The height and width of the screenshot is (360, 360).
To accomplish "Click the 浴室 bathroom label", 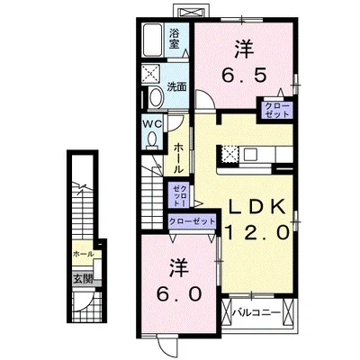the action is click(174, 39).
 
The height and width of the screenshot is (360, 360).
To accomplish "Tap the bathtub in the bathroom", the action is click(152, 40).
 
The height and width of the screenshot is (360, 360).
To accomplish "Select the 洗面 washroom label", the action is click(176, 87).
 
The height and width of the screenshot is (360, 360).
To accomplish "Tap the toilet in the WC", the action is click(152, 140).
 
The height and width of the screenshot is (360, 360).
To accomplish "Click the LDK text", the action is click(256, 206).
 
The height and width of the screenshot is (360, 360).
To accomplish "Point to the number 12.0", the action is click(258, 232).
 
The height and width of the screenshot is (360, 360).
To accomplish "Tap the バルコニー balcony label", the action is click(256, 313).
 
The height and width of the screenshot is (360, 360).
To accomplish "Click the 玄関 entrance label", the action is click(83, 279).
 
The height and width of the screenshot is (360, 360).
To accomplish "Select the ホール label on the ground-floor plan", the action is click(84, 254).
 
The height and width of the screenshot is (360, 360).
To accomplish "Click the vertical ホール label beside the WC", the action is click(178, 157).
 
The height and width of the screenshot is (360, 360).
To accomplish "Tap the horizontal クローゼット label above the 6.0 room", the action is click(192, 221).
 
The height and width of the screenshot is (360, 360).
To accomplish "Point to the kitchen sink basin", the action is click(249, 155).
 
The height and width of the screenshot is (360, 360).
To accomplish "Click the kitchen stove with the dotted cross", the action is click(229, 155).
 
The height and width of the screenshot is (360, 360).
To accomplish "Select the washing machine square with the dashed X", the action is click(151, 73).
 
